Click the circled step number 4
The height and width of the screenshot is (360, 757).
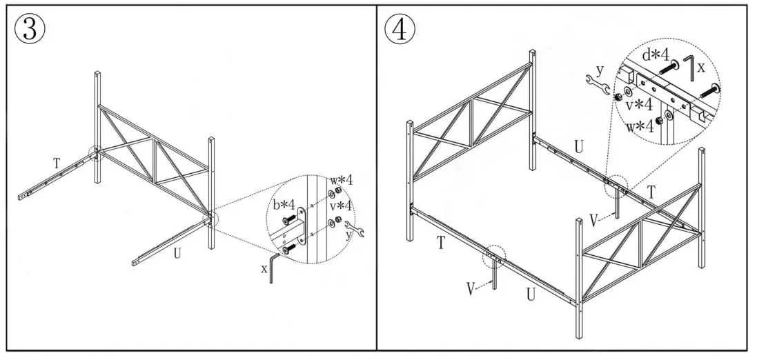pos(400,30)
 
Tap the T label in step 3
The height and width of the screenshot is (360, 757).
pos(57,163)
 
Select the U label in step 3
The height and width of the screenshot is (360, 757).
pos(177,253)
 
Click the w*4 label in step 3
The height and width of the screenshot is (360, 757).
pos(343,181)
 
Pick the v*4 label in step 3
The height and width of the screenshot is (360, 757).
pos(343,205)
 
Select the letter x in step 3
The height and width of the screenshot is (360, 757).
pos(264,268)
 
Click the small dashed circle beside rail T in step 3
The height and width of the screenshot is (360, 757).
pos(95,152)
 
